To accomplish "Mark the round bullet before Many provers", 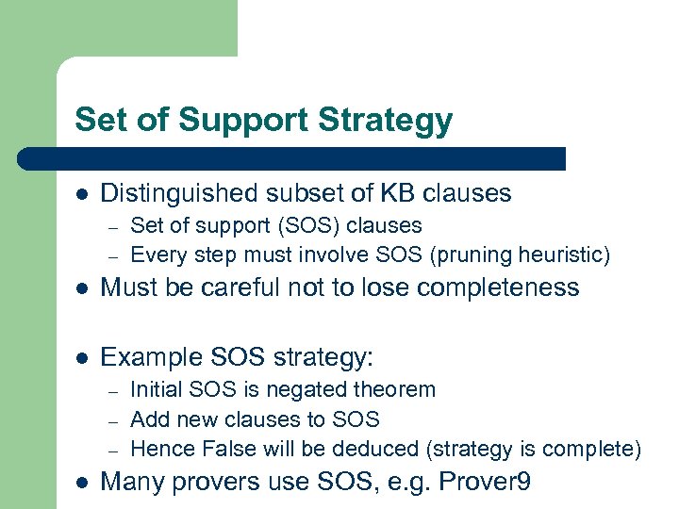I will (82, 484).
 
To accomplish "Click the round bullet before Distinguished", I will (82, 194).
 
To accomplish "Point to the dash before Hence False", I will (110, 450).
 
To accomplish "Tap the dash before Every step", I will (110, 255).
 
